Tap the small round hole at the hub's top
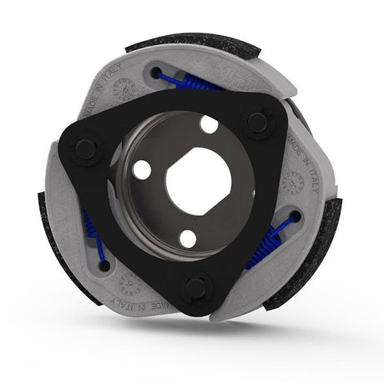click(x=209, y=124)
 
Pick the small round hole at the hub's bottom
click(x=189, y=238)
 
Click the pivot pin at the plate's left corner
click(x=85, y=149)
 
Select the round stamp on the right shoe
click(x=293, y=181)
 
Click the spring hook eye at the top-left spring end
click(x=156, y=74)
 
